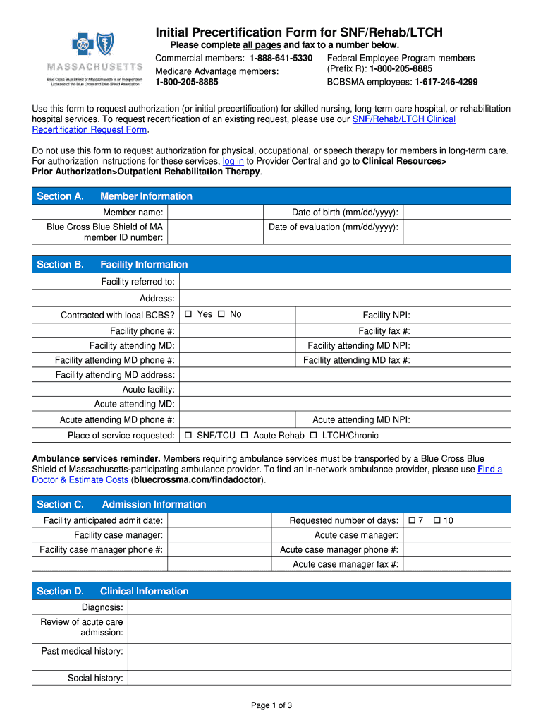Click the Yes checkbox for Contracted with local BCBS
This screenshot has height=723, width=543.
click(188, 314)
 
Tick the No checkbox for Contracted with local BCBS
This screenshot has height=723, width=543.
click(221, 314)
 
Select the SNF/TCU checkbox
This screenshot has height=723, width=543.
click(188, 436)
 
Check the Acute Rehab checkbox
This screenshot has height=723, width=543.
click(244, 436)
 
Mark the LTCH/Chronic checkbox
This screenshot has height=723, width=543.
click(314, 436)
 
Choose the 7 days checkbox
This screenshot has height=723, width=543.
click(413, 521)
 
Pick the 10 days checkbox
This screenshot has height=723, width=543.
click(437, 521)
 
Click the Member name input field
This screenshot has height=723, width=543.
click(215, 213)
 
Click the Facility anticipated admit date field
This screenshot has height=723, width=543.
click(219, 521)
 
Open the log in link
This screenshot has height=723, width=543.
click(233, 161)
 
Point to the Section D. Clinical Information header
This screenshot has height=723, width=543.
click(113, 592)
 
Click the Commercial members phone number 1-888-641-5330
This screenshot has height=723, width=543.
click(281, 58)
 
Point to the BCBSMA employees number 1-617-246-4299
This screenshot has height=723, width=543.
click(446, 82)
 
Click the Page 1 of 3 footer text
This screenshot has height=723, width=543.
click(271, 705)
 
